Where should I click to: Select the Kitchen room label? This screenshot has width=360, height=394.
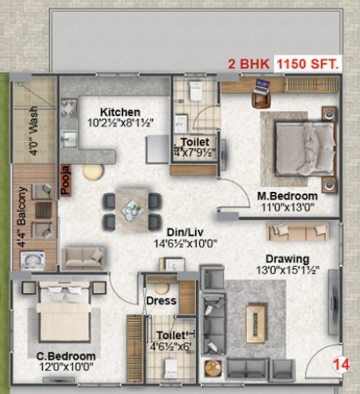[x=120, y=112]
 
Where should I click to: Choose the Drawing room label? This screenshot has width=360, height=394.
[x=288, y=259]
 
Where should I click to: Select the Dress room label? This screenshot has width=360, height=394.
[x=161, y=301]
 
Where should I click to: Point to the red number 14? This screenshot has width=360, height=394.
[x=340, y=365]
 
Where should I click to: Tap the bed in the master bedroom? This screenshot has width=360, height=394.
[x=298, y=146]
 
